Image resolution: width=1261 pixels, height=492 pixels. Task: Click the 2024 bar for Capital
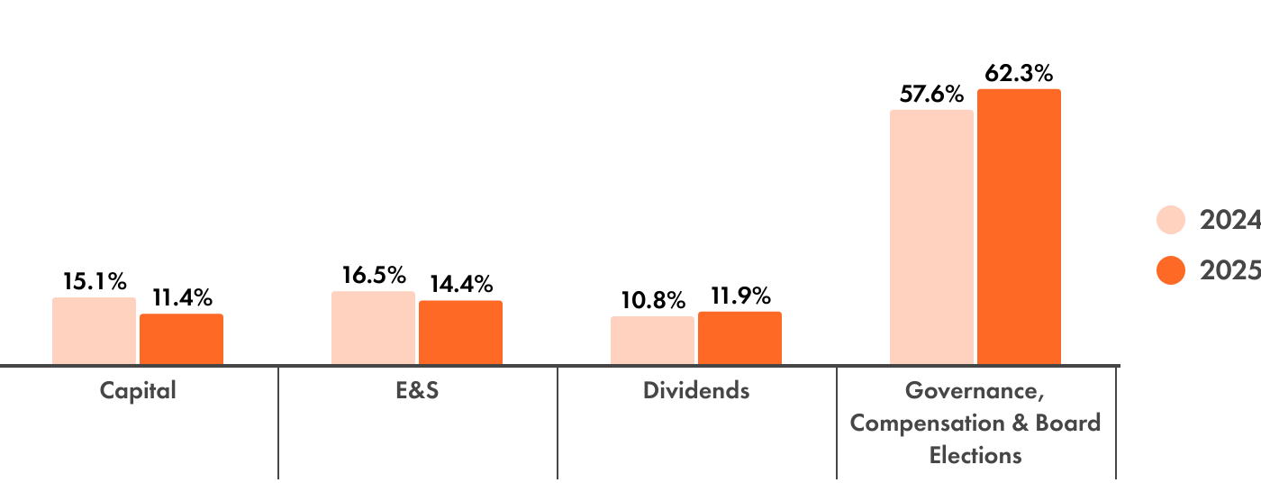(94, 331)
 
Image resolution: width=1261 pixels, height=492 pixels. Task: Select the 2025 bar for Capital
(181, 339)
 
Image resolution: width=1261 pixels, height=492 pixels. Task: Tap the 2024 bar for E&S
(373, 328)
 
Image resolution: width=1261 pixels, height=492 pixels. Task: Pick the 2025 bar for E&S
(460, 333)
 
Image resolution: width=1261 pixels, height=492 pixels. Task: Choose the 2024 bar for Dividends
(652, 341)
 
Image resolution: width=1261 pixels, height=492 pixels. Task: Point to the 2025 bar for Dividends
(739, 338)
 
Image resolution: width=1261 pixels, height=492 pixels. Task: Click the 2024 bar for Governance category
(931, 237)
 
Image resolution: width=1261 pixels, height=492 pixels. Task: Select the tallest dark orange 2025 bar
(1019, 226)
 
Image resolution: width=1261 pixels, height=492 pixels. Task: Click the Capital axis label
(138, 391)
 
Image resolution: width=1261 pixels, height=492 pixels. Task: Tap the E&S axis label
(417, 391)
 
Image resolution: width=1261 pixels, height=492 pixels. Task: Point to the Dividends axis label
(696, 391)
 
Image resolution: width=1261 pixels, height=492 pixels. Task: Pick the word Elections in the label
(975, 454)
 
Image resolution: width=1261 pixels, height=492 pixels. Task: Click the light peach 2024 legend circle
(1170, 220)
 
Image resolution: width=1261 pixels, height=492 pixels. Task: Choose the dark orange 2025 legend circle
(1170, 270)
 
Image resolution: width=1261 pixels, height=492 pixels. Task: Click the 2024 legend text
(1229, 220)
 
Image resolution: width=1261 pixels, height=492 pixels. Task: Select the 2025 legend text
(1229, 270)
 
